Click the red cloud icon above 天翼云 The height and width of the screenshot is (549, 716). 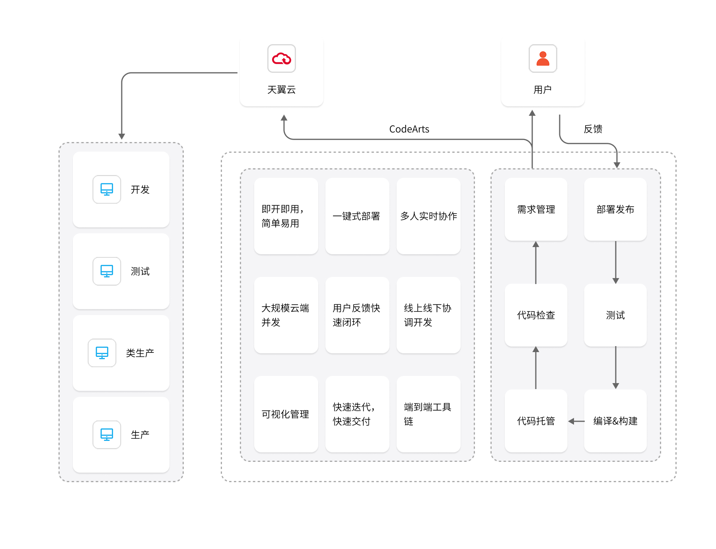click(282, 58)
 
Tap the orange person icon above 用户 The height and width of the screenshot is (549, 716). click(543, 58)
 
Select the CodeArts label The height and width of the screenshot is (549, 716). click(409, 129)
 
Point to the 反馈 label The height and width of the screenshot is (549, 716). click(593, 129)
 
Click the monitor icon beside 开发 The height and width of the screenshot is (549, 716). click(107, 189)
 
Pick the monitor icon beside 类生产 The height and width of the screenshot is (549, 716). click(102, 353)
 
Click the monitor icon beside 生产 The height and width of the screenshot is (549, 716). click(107, 435)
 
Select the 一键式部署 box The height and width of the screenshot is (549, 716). click(357, 216)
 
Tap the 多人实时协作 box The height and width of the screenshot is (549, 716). click(428, 216)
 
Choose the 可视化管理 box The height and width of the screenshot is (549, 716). click(286, 414)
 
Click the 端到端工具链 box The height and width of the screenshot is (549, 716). click(428, 414)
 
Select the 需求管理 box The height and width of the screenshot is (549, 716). click(536, 209)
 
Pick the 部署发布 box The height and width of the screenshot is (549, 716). click(615, 209)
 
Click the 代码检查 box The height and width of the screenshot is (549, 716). click(536, 315)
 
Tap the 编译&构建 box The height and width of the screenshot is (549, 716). click(615, 421)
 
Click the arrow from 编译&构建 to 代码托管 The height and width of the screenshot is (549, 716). click(576, 421)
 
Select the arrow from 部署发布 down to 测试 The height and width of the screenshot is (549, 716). click(615, 262)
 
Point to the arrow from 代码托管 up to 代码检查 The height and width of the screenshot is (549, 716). click(536, 368)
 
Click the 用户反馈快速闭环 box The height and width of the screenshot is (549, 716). click(357, 315)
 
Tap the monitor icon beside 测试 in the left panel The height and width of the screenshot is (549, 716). click(107, 271)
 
